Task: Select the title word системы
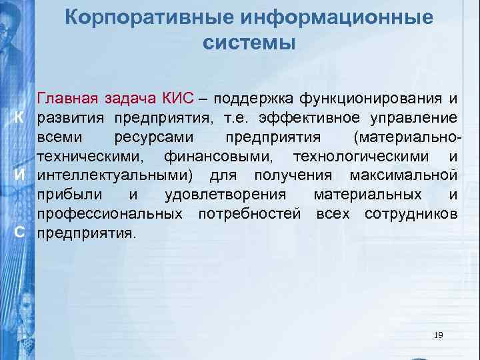click(247, 43)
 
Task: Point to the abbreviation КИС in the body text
click(176, 99)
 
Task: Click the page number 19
click(438, 335)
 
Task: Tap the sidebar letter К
click(20, 118)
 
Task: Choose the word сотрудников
click(411, 215)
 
